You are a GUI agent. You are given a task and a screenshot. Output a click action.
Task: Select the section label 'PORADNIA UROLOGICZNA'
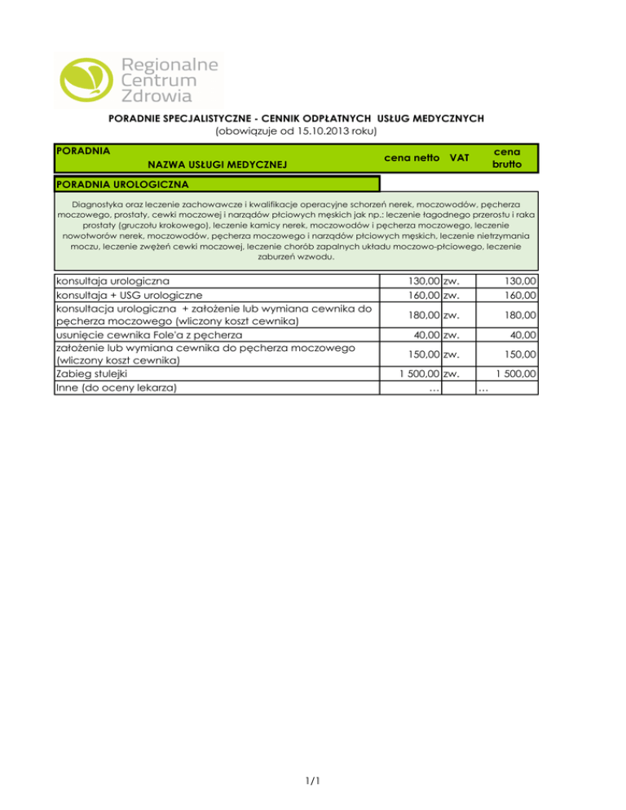[x=121, y=183]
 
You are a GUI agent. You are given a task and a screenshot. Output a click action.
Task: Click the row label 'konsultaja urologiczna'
[x=112, y=281]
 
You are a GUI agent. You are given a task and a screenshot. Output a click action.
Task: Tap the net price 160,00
[x=423, y=294]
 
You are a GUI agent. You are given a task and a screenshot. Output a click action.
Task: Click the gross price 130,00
[x=518, y=281]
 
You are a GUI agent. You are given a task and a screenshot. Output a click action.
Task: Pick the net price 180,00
[x=423, y=315]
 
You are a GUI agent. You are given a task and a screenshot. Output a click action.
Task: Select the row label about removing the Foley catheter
[x=148, y=335]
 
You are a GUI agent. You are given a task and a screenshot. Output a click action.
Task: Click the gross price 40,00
[x=522, y=335]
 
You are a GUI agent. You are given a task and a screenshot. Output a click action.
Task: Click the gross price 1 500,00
[x=514, y=375]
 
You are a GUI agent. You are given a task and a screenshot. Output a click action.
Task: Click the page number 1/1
[x=312, y=782]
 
